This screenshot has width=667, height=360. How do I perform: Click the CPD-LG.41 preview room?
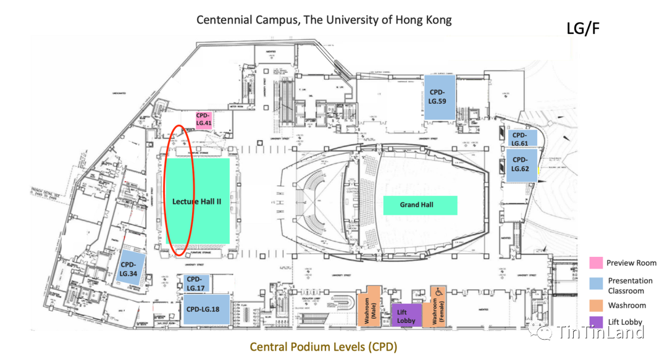[203, 119]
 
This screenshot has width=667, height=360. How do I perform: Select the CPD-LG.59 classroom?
[440, 96]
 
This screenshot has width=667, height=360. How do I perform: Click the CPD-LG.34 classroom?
[130, 268]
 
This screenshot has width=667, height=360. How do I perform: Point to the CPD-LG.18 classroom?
[206, 309]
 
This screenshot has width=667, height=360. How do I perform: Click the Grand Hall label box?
[420, 205]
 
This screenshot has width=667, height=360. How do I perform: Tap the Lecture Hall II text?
[196, 201]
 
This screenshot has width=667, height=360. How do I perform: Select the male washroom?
[372, 306]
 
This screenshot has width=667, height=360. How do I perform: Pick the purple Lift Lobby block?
[406, 315]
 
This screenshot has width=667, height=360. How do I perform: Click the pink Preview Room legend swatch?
[596, 263]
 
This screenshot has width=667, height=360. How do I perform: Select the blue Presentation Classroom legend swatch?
[596, 283]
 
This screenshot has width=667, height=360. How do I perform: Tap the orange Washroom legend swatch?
[596, 305]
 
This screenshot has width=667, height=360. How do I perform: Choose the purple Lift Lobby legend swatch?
[596, 322]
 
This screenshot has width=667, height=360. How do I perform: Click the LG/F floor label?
[582, 28]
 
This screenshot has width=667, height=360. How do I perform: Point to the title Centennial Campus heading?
[324, 20]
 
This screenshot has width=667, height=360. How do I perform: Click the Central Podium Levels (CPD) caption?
[323, 346]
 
